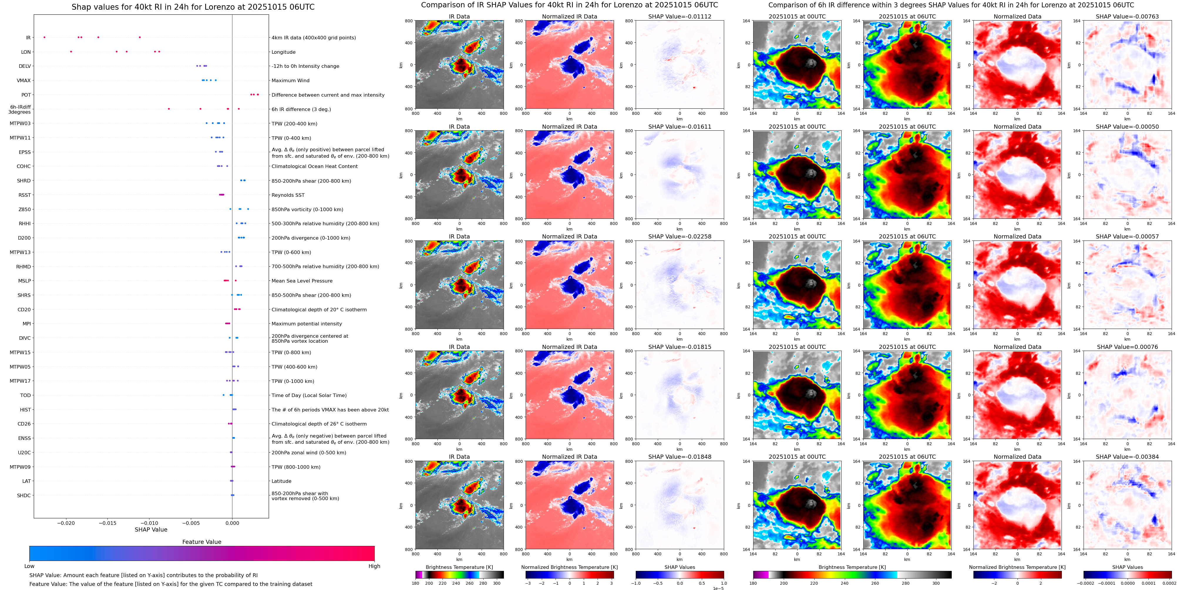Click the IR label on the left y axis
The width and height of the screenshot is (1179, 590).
point(28,38)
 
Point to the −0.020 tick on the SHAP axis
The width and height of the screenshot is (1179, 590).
point(66,523)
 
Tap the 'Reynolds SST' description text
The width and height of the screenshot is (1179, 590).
point(287,195)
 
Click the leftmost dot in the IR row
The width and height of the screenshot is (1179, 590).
point(44,37)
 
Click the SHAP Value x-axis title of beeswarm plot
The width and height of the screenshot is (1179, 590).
point(151,530)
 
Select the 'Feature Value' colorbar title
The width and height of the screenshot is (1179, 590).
point(201,542)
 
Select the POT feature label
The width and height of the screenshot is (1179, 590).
point(26,95)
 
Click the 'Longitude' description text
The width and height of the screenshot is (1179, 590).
point(283,52)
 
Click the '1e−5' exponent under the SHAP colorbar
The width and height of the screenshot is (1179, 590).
point(718,588)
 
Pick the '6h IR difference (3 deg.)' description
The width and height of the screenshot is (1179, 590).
point(301,109)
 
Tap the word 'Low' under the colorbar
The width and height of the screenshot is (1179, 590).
point(29,566)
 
